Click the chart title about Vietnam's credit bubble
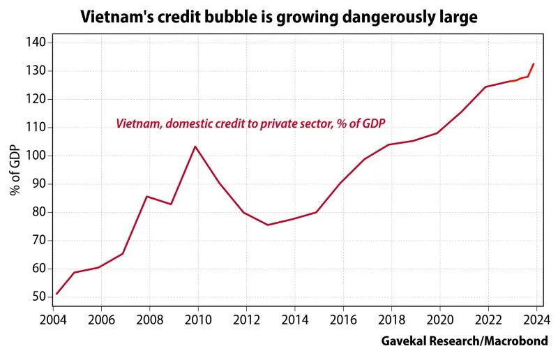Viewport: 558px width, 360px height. click(279, 16)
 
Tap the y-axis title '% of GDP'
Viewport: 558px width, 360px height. click(15, 170)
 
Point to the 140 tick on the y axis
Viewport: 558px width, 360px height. click(37, 43)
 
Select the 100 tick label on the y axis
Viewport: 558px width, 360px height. click(37, 156)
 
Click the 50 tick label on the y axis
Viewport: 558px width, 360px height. click(40, 297)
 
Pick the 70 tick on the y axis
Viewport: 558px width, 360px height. click(40, 241)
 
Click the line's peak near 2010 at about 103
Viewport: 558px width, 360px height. click(195, 147)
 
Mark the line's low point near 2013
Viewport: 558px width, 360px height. click(267, 225)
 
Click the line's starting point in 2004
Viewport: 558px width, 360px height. click(56, 294)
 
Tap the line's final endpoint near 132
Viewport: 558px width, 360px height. click(534, 64)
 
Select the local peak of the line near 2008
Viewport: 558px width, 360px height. click(146, 196)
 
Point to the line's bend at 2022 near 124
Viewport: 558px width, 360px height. click(485, 87)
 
